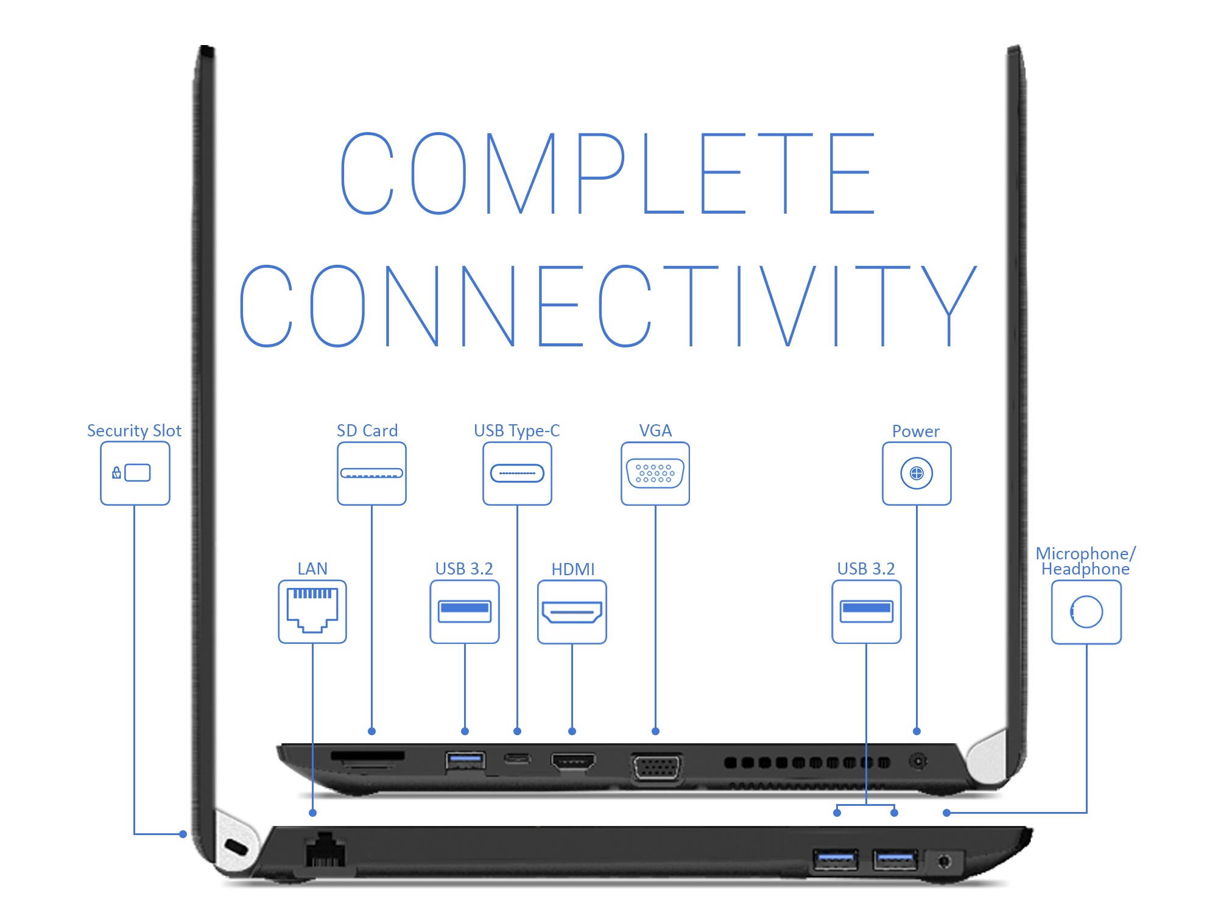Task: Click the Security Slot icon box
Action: (x=135, y=473)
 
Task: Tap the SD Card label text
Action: (x=367, y=430)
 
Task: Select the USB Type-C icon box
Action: (x=517, y=473)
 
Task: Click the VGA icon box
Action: (x=655, y=473)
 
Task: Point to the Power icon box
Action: (x=917, y=473)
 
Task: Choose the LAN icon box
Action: (x=312, y=612)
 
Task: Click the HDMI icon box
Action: (x=572, y=612)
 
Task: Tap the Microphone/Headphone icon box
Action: (x=1086, y=612)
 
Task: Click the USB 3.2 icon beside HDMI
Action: (x=465, y=612)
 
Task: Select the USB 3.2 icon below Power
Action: (x=866, y=612)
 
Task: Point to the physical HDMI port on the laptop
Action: (x=572, y=761)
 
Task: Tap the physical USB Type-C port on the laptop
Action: (x=517, y=758)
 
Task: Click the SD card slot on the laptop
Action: (x=367, y=756)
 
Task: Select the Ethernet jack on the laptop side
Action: (x=325, y=850)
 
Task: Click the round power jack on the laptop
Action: (x=918, y=761)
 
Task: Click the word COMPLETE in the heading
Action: (x=607, y=173)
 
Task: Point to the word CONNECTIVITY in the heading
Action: (x=607, y=306)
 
